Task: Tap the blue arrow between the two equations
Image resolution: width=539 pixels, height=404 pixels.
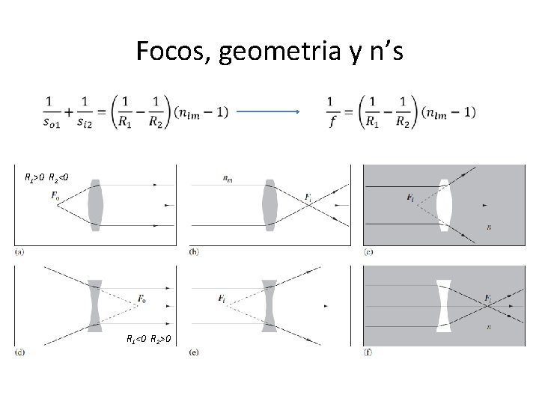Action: click(267, 113)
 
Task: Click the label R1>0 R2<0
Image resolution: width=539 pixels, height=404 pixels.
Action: click(47, 178)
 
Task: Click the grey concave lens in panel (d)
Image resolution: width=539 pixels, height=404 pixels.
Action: click(94, 305)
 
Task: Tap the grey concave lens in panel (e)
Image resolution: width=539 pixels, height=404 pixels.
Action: click(269, 305)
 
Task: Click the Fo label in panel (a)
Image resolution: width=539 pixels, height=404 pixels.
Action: click(56, 195)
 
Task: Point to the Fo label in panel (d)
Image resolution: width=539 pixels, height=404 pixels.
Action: click(141, 300)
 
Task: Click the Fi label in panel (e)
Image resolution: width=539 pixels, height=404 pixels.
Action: click(222, 299)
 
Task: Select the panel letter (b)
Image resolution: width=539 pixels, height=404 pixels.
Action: click(193, 252)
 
